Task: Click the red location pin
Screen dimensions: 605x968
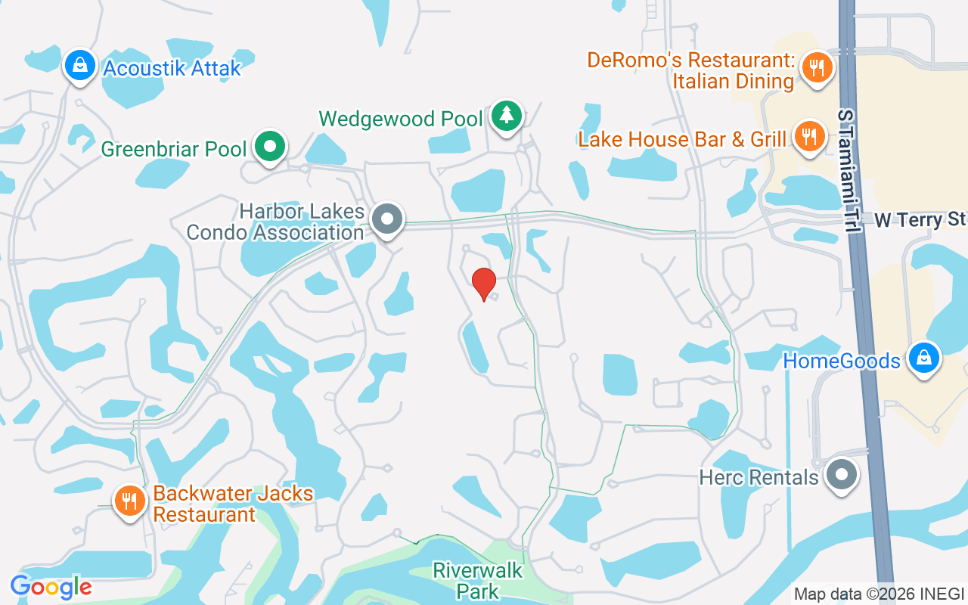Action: (x=484, y=284)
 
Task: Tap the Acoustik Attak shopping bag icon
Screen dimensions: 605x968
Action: (x=79, y=66)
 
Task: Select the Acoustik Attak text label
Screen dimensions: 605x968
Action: (x=172, y=68)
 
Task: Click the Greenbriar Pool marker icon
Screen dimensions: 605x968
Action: (x=269, y=147)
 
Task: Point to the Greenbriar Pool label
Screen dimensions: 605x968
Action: (x=174, y=149)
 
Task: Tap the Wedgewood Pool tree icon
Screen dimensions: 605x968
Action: (x=506, y=116)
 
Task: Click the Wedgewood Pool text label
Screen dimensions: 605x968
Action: (x=401, y=119)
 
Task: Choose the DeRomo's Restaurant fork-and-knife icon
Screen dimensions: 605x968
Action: (x=816, y=68)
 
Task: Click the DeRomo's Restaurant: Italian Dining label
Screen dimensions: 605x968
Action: (x=690, y=70)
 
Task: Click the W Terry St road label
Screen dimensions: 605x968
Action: (x=920, y=220)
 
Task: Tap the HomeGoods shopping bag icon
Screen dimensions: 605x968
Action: (x=923, y=358)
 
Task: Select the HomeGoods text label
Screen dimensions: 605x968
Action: (x=842, y=361)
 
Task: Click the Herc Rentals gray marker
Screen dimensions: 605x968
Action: (x=840, y=476)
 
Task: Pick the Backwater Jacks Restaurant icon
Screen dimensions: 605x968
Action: (x=130, y=501)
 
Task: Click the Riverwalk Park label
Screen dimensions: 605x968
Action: (x=478, y=581)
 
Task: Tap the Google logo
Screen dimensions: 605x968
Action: (x=51, y=587)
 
